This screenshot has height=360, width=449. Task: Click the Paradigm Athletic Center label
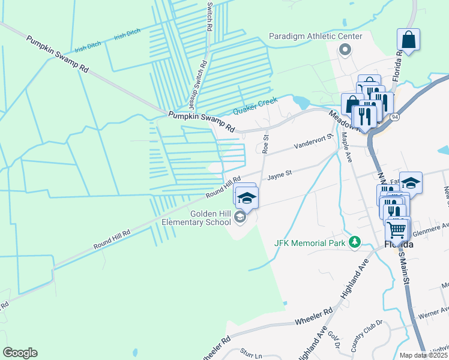tap(315, 37)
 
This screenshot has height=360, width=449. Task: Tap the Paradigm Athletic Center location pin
tap(345, 49)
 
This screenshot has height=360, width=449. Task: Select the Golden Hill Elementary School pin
tap(240, 218)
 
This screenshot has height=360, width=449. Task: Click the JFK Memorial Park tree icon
tap(355, 242)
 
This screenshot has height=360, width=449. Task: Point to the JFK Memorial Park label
tap(310, 243)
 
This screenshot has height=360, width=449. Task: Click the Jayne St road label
tap(279, 175)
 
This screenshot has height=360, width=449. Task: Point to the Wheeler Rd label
tap(314, 317)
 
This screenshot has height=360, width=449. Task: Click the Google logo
tap(20, 353)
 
